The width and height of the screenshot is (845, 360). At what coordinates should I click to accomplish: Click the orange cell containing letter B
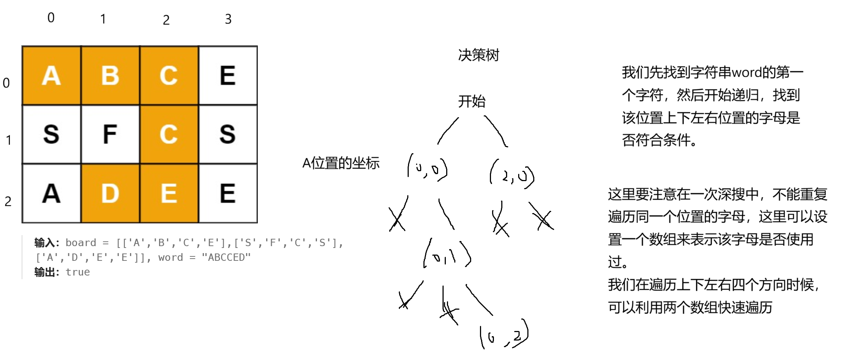pyautogui.click(x=110, y=75)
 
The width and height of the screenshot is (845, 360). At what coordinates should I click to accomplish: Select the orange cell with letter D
pyautogui.click(x=110, y=193)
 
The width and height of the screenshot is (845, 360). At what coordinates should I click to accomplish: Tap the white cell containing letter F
pyautogui.click(x=110, y=134)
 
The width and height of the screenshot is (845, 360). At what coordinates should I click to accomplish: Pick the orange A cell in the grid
pyautogui.click(x=51, y=75)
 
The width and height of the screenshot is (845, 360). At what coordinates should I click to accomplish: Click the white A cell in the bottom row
pyautogui.click(x=51, y=193)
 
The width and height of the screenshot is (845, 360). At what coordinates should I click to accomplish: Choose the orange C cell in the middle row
pyautogui.click(x=169, y=134)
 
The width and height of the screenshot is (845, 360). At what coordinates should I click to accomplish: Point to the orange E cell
pyautogui.click(x=169, y=193)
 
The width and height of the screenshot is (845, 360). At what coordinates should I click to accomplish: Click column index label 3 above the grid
pyautogui.click(x=228, y=19)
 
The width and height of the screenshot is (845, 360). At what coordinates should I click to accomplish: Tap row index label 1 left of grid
pyautogui.click(x=8, y=140)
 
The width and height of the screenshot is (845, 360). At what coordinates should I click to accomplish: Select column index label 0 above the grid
pyautogui.click(x=51, y=18)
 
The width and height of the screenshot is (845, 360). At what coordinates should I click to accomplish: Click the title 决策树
pyautogui.click(x=479, y=55)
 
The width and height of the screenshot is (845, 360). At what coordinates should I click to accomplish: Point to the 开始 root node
pyautogui.click(x=472, y=101)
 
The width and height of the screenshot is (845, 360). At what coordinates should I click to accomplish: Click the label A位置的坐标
pyautogui.click(x=340, y=163)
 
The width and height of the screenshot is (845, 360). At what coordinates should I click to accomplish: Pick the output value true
pyautogui.click(x=77, y=272)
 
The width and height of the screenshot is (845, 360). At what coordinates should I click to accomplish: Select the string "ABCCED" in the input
pyautogui.click(x=226, y=258)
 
